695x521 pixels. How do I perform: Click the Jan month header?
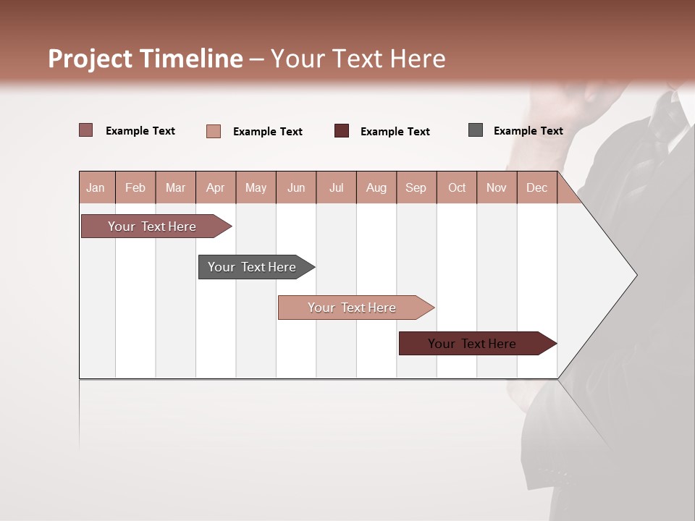tap(96, 187)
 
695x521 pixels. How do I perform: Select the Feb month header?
tap(135, 187)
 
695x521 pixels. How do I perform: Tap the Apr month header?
tap(215, 187)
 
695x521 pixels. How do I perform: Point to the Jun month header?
tap(296, 187)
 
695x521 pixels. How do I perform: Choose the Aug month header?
tap(376, 187)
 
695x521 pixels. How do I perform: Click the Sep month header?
tap(416, 187)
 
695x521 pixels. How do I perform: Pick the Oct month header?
tap(457, 187)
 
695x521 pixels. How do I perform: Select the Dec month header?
tap(536, 187)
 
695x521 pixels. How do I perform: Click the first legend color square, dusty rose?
tap(86, 130)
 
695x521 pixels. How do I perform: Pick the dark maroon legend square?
tap(342, 131)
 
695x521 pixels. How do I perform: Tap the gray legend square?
tap(476, 130)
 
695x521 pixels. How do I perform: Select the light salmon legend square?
tap(214, 131)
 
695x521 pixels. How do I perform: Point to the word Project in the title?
tap(90, 59)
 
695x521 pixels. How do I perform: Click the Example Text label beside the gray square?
tap(528, 131)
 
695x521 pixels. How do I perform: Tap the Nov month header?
tap(497, 187)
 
